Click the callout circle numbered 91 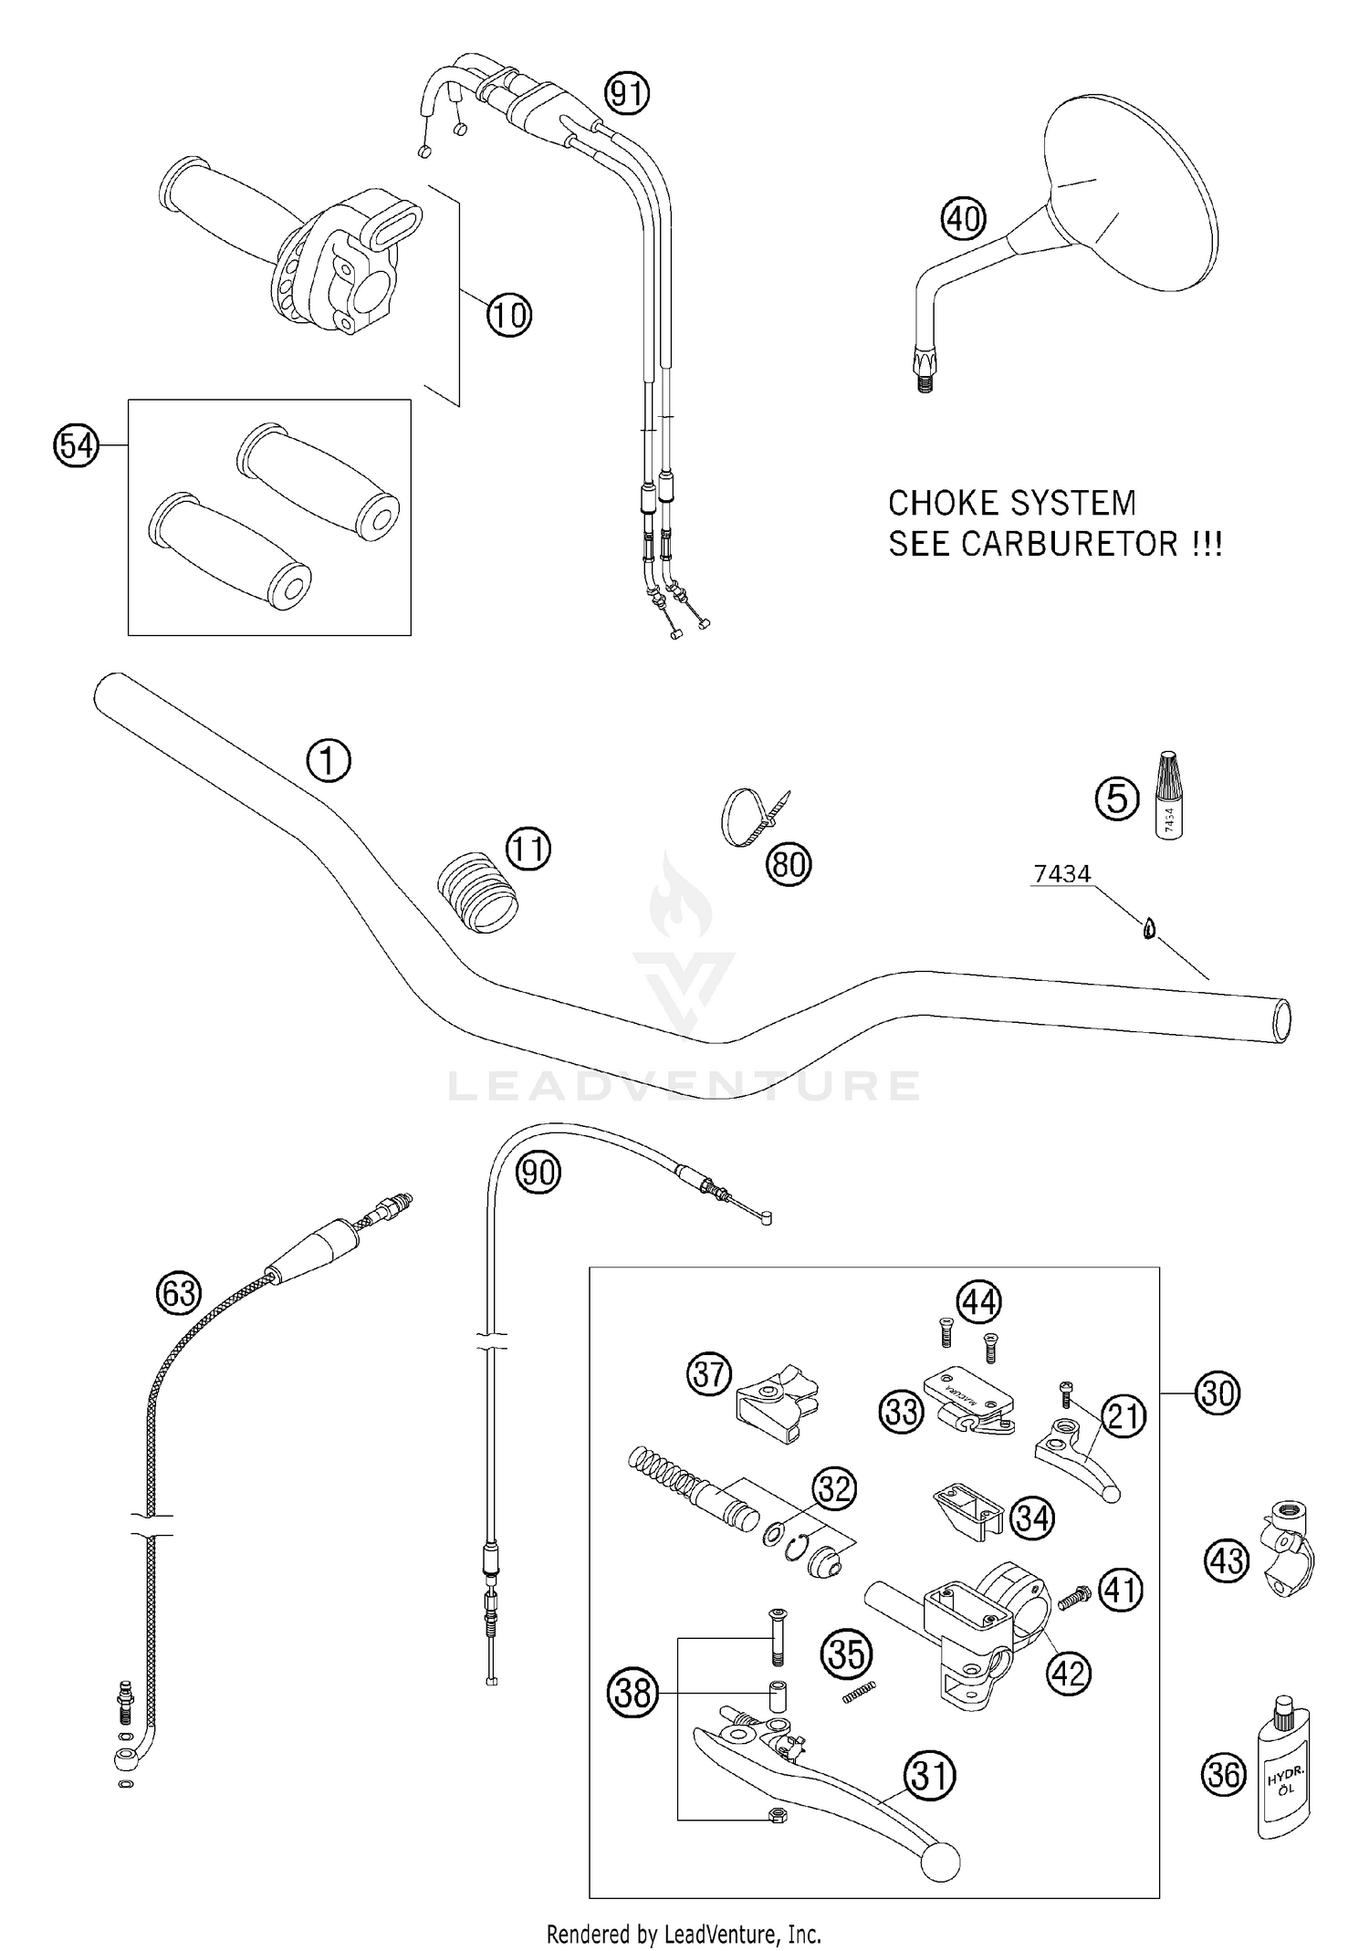pos(627,94)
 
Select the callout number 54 pos(76,446)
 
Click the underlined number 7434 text pos(1061,874)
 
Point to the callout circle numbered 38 pos(632,1693)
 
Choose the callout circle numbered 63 pos(178,1293)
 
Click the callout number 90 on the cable pos(538,1172)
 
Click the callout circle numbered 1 pos(328,761)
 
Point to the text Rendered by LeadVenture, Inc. pos(684,1933)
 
